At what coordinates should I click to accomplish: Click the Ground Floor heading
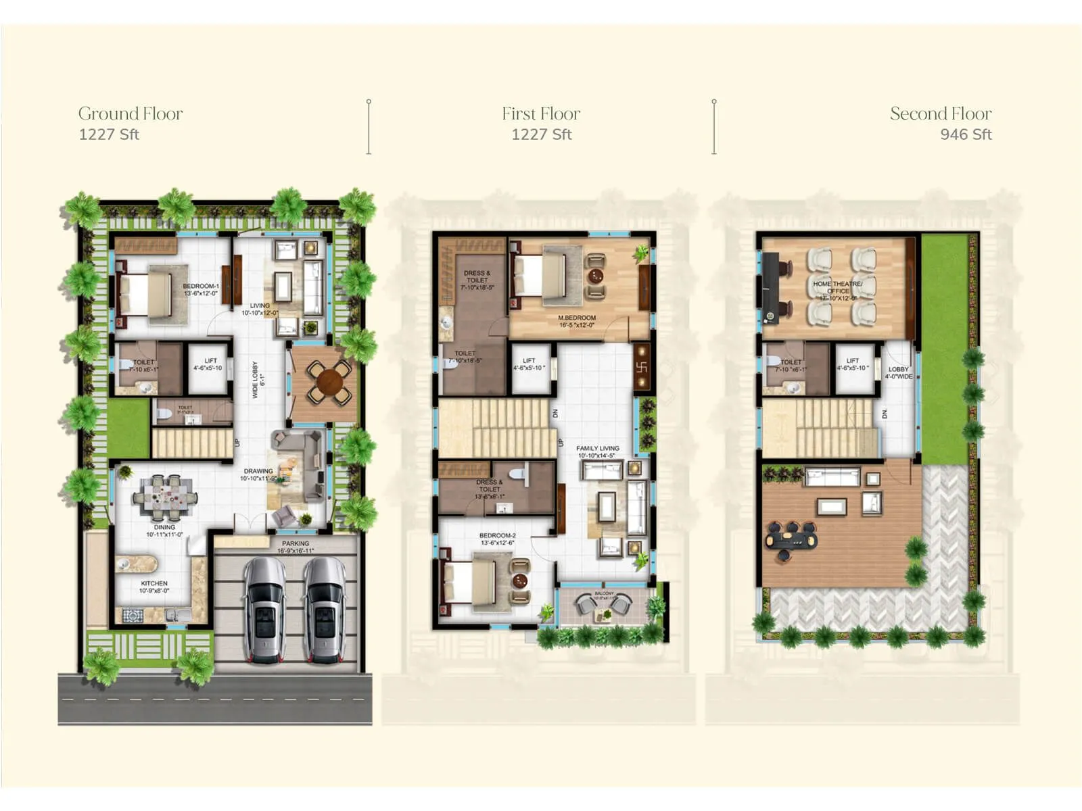(x=131, y=114)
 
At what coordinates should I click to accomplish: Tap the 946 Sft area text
(x=966, y=134)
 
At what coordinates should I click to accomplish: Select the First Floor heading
(x=541, y=114)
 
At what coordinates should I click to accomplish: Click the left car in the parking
(x=264, y=610)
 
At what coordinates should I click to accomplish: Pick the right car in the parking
(x=325, y=610)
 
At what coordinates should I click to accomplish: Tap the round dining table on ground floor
(x=329, y=381)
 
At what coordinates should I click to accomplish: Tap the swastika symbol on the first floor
(x=642, y=367)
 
